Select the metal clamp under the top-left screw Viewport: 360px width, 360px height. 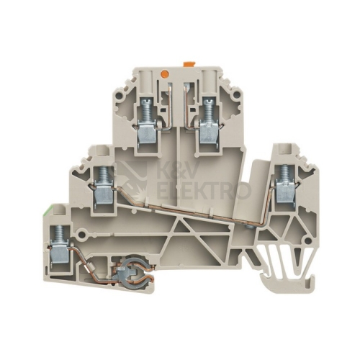[x=146, y=133]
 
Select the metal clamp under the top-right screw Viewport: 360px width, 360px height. [x=209, y=133]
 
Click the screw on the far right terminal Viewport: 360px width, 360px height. [x=285, y=174]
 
